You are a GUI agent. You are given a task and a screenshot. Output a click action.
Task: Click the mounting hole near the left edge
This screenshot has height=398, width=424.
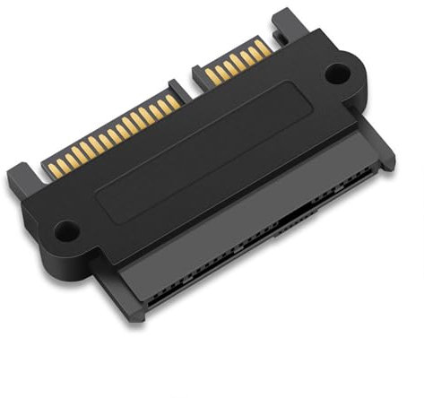(65, 232)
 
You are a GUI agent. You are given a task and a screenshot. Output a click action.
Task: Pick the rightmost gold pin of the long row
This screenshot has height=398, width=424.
(177, 100)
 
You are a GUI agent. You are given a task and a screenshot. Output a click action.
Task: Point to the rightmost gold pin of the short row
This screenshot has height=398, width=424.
(264, 46)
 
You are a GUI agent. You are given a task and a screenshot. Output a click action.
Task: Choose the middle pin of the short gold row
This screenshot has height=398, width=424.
(238, 60)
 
